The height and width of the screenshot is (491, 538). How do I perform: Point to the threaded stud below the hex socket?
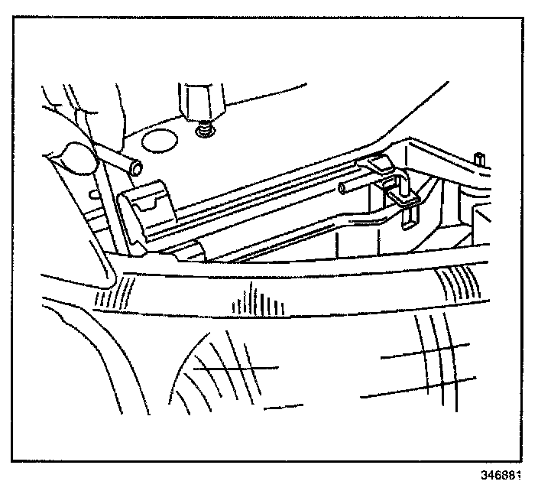click(205, 131)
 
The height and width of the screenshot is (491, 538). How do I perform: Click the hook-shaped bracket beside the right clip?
click(403, 192)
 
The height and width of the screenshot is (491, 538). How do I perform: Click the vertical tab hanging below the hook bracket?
click(410, 217)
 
